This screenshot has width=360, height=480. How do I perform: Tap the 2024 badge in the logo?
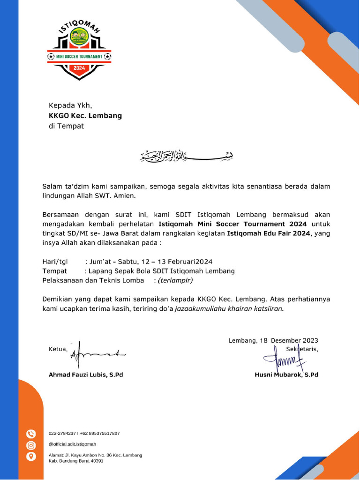[79, 68]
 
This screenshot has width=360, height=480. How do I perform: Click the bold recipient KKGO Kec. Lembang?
[85, 115]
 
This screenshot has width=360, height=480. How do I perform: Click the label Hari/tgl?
[55, 262]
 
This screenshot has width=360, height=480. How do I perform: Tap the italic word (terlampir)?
[175, 280]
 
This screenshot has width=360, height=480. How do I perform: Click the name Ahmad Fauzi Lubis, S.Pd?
[86, 375]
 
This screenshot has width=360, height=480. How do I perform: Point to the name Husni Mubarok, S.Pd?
[286, 375]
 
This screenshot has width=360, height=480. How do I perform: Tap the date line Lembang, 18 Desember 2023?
[273, 341]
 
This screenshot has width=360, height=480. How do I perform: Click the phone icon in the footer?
[31, 434]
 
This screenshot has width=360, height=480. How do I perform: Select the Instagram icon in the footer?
[31, 445]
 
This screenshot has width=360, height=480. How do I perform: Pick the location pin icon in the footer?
[31, 456]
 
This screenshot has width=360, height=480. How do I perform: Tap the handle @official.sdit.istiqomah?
[73, 444]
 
